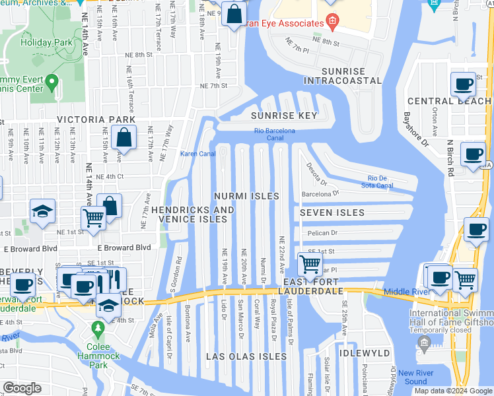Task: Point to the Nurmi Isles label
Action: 246,197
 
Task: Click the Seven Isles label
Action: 332,213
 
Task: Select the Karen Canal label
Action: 198,154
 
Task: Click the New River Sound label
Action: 407,378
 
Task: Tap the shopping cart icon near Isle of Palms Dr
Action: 310,264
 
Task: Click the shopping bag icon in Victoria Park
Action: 123,137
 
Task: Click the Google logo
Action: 22,389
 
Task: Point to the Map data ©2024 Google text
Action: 453,391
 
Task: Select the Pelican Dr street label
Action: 320,233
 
